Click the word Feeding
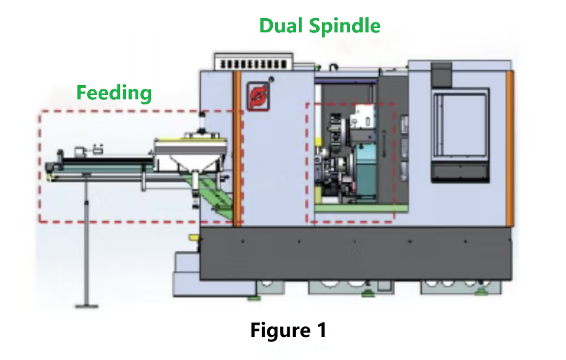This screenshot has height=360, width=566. tap(114, 92)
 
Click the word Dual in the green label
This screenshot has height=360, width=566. tap(282, 27)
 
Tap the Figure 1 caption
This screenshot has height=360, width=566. tap(288, 330)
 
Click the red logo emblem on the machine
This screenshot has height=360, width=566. tap(257, 96)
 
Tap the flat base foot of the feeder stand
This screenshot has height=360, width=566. tap(87, 305)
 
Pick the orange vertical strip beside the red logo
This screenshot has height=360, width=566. tap(236, 144)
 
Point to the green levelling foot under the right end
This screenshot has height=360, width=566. tap(480, 292)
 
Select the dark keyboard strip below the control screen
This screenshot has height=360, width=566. tap(458, 173)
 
